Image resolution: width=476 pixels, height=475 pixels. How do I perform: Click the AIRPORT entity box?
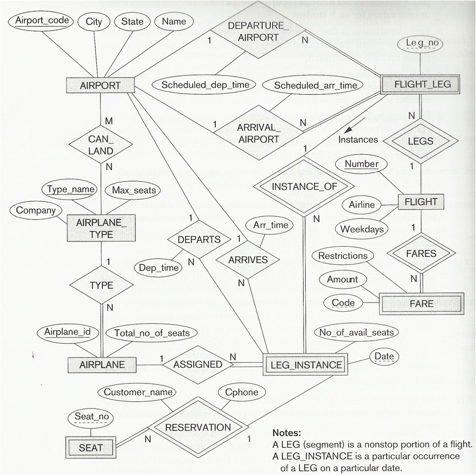click(100, 85)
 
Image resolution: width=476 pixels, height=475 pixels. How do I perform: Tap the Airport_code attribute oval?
click(42, 21)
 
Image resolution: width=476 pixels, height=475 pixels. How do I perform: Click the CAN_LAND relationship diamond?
click(101, 144)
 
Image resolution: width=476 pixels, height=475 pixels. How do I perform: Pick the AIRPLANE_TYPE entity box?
click(101, 228)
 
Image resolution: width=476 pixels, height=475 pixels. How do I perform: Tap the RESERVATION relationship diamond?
click(198, 427)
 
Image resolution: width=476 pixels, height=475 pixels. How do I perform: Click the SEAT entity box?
click(90, 447)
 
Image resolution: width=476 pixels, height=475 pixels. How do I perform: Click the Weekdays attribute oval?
click(362, 229)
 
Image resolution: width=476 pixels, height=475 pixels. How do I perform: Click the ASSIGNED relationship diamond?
click(198, 364)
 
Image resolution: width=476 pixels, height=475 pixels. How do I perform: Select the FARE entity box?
click(421, 303)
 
